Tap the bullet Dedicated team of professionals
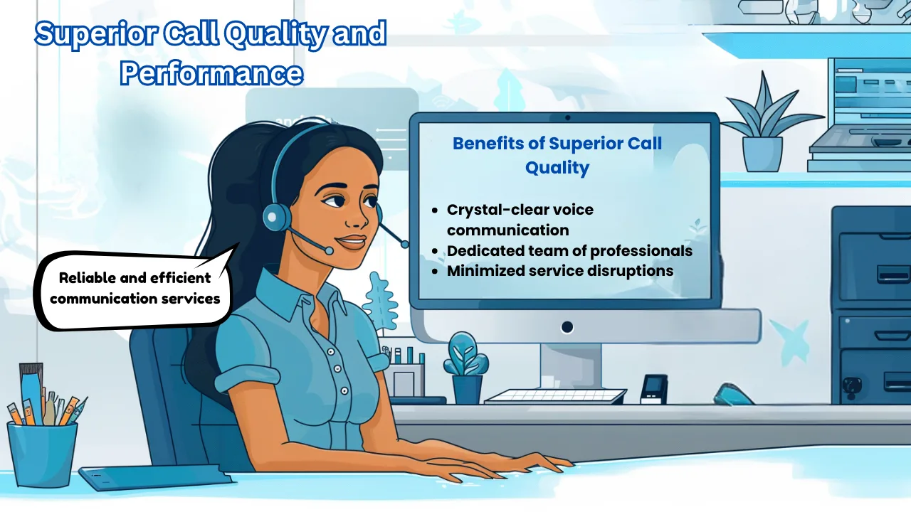tap(569, 251)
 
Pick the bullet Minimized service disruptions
tap(559, 271)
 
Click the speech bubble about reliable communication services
tap(135, 288)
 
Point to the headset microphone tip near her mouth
tap(327, 250)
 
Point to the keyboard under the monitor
tap(555, 396)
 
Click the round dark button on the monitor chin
tap(567, 327)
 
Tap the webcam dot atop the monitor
tap(567, 117)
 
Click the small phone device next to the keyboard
tap(653, 389)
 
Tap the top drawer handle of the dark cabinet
tap(892, 274)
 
